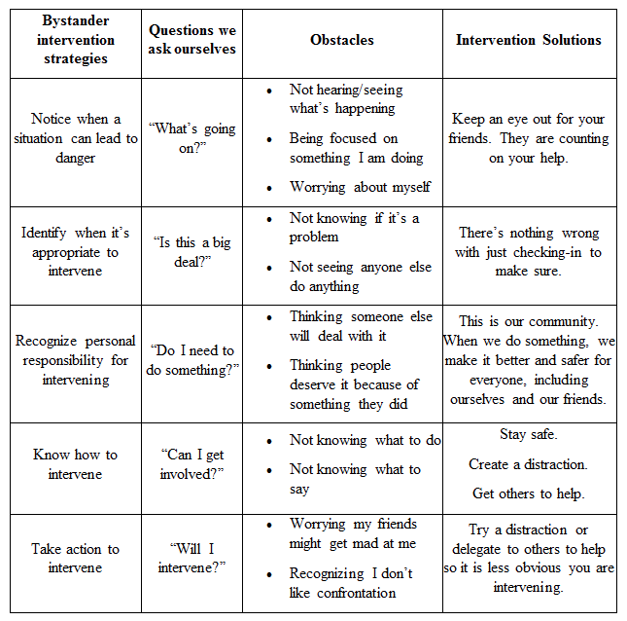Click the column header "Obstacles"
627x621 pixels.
(x=341, y=40)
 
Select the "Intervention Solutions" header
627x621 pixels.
(x=529, y=40)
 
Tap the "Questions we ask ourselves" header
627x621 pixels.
(x=192, y=40)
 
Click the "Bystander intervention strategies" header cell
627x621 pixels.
(x=75, y=40)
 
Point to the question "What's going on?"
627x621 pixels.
(x=192, y=138)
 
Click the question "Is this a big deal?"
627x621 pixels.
(x=192, y=252)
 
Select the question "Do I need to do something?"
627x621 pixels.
(x=192, y=360)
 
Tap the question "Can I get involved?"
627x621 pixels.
(x=192, y=465)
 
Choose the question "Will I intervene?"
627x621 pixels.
(x=192, y=558)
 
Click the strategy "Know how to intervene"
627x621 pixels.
(x=75, y=464)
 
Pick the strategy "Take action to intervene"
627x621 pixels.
(x=75, y=558)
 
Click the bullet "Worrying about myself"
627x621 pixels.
(x=360, y=186)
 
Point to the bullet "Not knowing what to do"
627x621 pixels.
(x=365, y=440)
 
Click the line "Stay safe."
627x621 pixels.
(x=529, y=434)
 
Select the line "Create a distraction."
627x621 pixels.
(x=529, y=464)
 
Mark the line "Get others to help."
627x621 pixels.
(x=529, y=493)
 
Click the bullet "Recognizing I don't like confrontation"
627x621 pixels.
(x=351, y=582)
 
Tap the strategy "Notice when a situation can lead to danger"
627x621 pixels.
(x=75, y=138)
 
